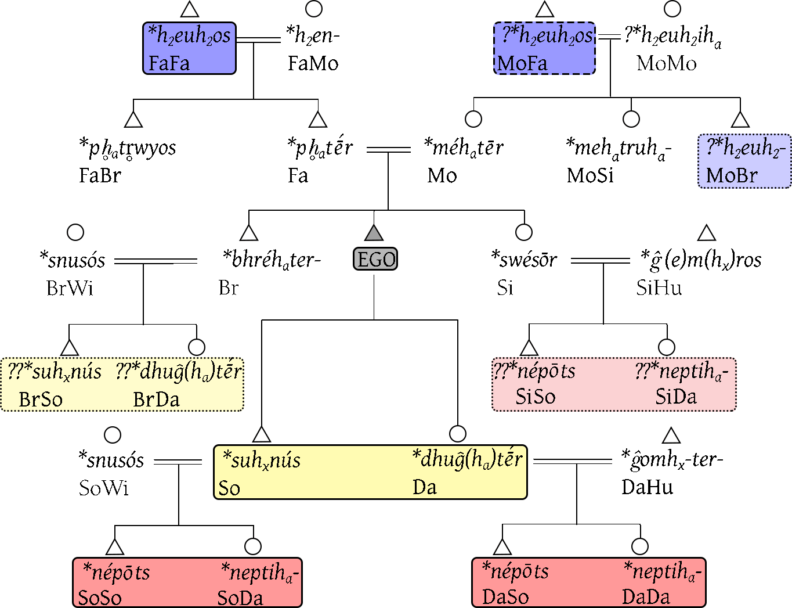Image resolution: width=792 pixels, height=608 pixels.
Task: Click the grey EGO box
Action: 375,259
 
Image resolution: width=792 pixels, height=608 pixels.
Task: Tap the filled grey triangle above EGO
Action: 374,233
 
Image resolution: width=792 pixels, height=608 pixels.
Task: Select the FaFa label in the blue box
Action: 169,63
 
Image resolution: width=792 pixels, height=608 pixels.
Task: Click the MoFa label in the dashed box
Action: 522,63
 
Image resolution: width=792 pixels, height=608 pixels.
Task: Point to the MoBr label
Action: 732,175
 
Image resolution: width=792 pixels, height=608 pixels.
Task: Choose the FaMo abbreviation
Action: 313,63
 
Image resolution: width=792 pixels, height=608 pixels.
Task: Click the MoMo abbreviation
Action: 667,63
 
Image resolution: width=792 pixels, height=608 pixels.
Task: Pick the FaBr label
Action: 100,175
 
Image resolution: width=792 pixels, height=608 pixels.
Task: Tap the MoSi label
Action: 590,175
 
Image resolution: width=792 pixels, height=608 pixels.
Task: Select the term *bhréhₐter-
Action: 272,260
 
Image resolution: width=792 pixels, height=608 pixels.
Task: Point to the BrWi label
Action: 70,288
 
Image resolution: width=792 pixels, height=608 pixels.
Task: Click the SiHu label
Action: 659,288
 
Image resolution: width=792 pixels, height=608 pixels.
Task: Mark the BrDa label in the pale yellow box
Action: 156,400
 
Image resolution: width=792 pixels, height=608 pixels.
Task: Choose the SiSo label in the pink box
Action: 536,397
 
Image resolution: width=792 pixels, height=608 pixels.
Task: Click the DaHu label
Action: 648,487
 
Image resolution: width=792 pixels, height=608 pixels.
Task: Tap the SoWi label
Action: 104,488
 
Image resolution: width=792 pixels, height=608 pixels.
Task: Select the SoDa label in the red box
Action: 240,598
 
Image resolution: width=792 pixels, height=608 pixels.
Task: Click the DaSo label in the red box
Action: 505,597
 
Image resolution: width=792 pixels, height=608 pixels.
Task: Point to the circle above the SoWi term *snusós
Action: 112,435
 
